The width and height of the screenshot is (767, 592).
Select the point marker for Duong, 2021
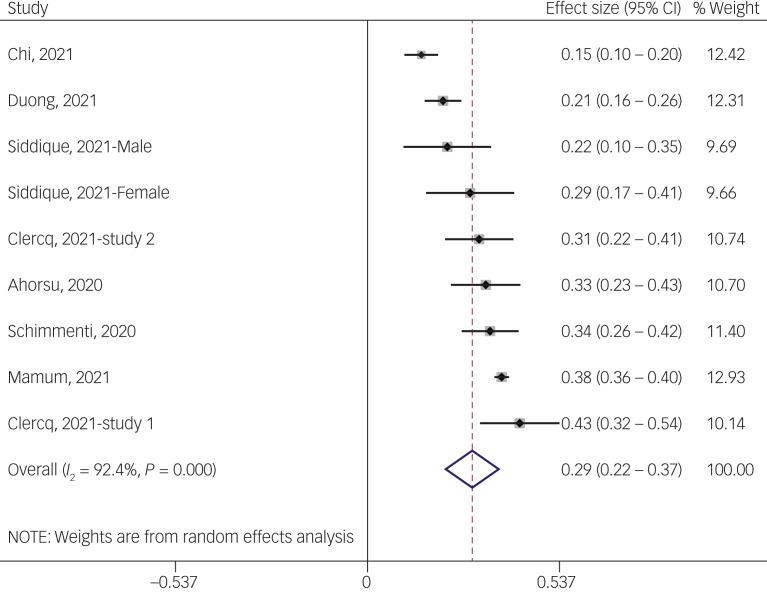coord(443,101)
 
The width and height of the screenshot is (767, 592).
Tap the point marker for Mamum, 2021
coord(502,377)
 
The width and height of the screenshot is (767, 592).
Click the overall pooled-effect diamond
coord(472,469)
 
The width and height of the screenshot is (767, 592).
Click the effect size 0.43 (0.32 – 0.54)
coord(621,423)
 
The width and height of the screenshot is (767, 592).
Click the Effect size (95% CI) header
coord(613,9)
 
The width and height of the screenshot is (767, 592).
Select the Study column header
coord(27,9)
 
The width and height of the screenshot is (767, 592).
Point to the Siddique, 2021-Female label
coord(88,193)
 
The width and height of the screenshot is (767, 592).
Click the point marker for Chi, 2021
coord(421,55)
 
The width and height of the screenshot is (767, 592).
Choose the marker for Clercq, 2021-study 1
coord(520,423)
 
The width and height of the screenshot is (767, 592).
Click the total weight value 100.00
coord(729,469)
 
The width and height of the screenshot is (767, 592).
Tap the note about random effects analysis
coord(181,537)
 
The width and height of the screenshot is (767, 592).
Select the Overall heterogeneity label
coord(112,469)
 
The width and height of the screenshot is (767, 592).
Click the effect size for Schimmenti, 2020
coord(621,331)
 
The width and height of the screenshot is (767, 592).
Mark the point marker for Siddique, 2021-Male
coord(447,147)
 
